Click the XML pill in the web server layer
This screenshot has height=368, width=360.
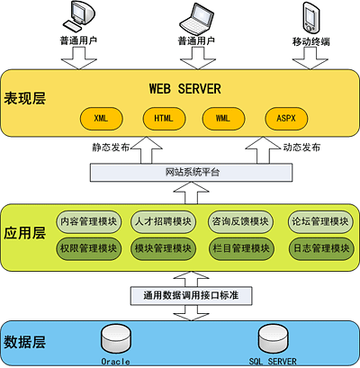coord(101,119)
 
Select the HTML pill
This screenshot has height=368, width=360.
coord(164,119)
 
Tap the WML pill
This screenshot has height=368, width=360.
coord(223,119)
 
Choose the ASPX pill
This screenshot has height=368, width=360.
coord(286,119)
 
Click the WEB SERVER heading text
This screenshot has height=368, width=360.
coord(185,89)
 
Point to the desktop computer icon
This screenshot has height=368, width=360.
coord(78,17)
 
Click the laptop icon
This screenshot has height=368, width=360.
coord(196,19)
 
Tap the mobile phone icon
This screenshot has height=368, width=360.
coord(311,18)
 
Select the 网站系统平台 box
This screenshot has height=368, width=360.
coord(192,172)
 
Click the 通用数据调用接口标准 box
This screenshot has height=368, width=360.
coord(191,296)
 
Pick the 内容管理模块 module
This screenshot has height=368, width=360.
coord(88,222)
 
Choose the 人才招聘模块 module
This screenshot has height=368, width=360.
coord(163,222)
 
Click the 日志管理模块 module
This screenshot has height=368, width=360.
coord(321,248)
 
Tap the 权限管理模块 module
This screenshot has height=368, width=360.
coord(88,248)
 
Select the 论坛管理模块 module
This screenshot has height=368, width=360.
coord(320,222)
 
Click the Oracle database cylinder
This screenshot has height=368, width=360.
coord(116,338)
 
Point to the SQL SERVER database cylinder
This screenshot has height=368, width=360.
coord(274,338)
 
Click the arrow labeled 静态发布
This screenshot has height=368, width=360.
coord(147,150)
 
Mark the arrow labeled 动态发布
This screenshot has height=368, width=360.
coord(263,150)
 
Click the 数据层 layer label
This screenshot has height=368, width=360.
coord(24,342)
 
